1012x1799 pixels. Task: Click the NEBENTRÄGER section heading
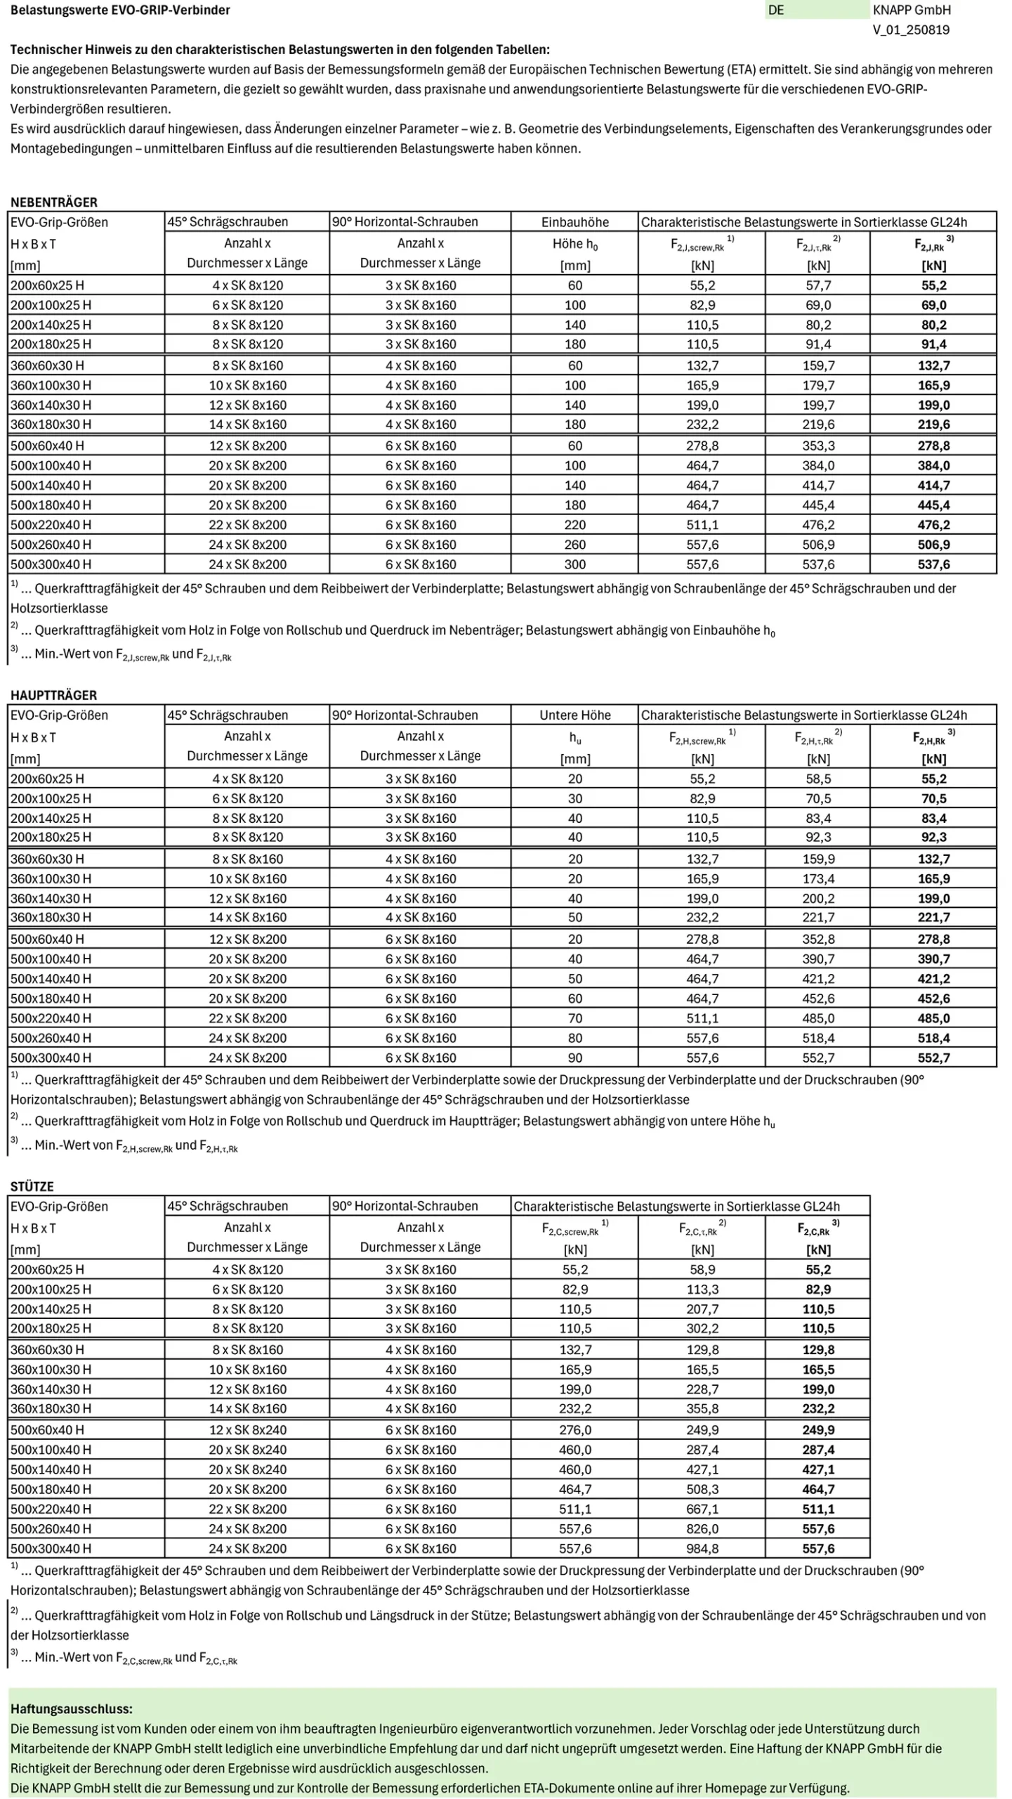[53, 202]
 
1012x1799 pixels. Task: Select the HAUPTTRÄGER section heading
[53, 695]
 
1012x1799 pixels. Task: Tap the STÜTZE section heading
[32, 1186]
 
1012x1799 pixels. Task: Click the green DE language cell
[816, 10]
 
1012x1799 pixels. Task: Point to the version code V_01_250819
[911, 30]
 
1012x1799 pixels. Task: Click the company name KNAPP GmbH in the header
[911, 10]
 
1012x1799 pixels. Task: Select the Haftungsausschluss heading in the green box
[71, 1708]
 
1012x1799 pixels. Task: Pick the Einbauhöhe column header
[574, 222]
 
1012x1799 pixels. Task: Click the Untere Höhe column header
[574, 715]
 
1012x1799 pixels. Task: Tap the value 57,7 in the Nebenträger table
[818, 285]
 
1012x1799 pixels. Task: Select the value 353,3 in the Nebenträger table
[818, 446]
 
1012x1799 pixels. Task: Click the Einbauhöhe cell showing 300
[574, 564]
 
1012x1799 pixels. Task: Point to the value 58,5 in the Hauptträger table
[818, 779]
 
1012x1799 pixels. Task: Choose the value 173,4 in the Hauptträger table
[818, 878]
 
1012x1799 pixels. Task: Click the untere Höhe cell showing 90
[574, 1058]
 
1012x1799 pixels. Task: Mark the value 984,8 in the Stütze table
[702, 1548]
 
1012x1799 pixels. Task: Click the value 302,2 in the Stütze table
[702, 1328]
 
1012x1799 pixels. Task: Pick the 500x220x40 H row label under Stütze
[51, 1509]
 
